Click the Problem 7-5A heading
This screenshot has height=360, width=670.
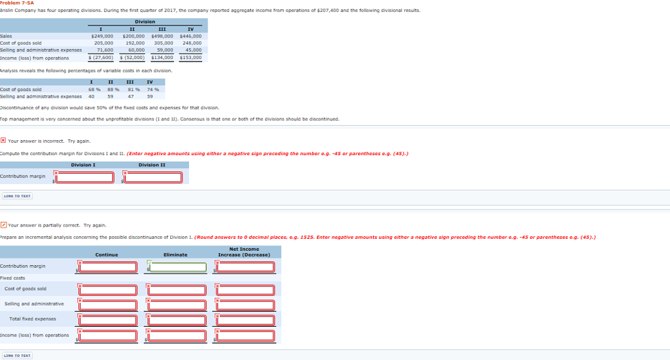(x=16, y=3)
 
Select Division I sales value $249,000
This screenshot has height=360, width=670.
(x=102, y=37)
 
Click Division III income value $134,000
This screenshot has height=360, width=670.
(x=162, y=58)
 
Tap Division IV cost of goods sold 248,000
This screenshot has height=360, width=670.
(x=192, y=43)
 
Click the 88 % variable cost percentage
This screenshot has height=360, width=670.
(x=113, y=90)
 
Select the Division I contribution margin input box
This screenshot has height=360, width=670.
(x=84, y=177)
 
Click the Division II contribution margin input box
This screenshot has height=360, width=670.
(x=152, y=177)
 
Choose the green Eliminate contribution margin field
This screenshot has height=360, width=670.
(x=177, y=267)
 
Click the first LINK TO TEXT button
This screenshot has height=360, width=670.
(x=17, y=196)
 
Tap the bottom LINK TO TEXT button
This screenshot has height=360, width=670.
(x=17, y=355)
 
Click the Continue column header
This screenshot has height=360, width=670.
(x=107, y=255)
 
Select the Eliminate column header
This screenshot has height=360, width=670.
(x=175, y=255)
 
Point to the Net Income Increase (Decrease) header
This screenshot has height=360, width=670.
(x=244, y=252)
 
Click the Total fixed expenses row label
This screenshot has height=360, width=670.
(x=33, y=319)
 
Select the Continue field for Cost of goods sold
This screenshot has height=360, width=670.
(x=108, y=290)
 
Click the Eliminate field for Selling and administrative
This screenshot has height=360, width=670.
(x=177, y=305)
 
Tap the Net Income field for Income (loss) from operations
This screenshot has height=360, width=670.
(x=245, y=336)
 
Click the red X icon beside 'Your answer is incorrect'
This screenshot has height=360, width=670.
(x=3, y=140)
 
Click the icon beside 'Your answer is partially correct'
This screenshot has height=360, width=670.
(x=3, y=225)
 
